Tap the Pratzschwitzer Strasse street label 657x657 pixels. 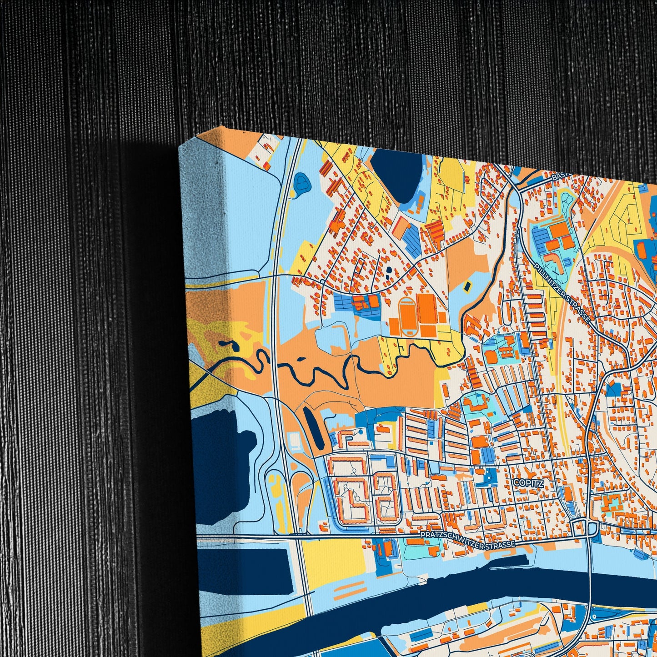pyautogui.click(x=468, y=540)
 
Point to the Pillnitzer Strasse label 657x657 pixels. pyautogui.click(x=562, y=293)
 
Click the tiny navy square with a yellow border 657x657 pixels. pyautogui.click(x=467, y=286)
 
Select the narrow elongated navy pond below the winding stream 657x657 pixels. pyautogui.click(x=313, y=427)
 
